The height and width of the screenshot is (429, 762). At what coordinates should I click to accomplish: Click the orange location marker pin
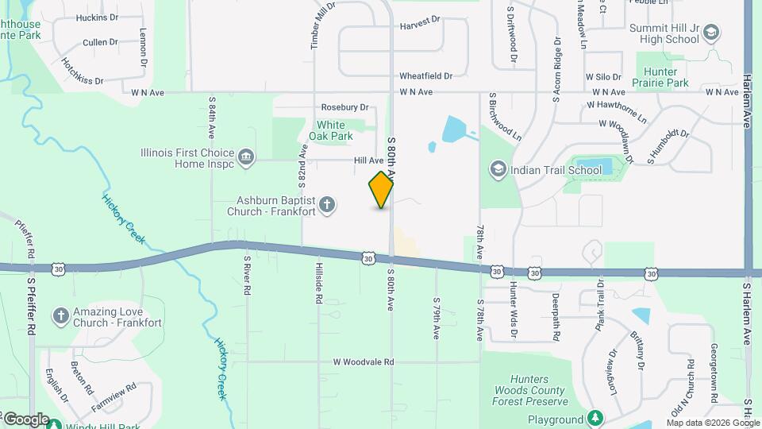pos(382,190)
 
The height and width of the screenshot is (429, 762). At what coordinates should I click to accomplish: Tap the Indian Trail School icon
pos(498,169)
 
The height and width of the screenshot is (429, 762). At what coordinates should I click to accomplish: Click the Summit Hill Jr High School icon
pos(711,33)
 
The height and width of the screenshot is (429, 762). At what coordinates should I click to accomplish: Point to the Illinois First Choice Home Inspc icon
pos(246,158)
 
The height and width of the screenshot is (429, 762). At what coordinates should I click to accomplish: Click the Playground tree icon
pos(595,419)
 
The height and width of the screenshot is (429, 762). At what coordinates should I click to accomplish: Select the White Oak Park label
pos(331,130)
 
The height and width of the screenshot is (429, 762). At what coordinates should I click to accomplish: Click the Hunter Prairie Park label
pos(660,76)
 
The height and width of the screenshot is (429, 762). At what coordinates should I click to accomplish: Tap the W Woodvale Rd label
pos(364,362)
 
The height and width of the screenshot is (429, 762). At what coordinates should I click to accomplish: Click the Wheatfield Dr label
pos(425,76)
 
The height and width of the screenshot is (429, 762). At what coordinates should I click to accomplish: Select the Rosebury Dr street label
pos(345,107)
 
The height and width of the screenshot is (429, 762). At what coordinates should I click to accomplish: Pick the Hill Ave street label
pos(369,160)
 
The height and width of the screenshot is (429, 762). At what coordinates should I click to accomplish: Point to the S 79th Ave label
pos(437,319)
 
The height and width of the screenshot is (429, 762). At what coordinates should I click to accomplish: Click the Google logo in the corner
pos(25,419)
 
